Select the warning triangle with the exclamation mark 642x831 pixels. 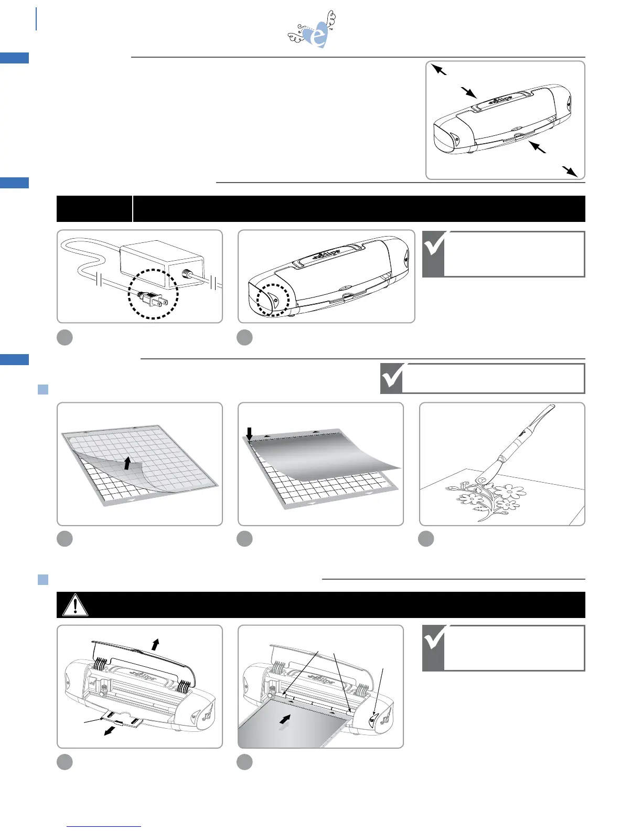75,605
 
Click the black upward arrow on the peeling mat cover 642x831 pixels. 127,463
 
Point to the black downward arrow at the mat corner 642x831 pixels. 250,434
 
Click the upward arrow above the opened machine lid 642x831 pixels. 155,644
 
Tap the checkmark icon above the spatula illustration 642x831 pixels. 392,378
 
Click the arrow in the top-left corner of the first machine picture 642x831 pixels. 438,69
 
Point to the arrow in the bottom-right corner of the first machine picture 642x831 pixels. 570,172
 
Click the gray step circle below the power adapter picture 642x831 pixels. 65,337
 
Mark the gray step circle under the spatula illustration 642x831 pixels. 426,539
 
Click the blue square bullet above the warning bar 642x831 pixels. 43,580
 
